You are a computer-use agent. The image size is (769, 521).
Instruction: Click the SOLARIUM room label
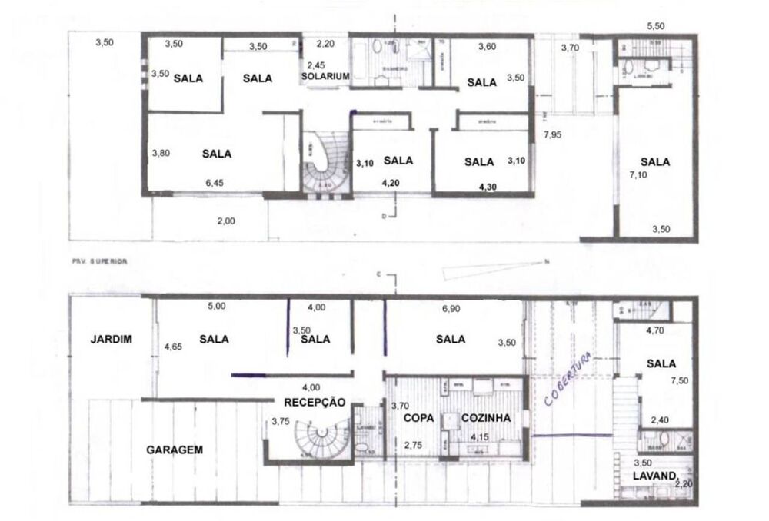pyautogui.click(x=326, y=77)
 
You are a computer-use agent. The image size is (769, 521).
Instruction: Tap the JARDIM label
pyautogui.click(x=109, y=338)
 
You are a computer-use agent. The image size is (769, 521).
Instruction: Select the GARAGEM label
pyautogui.click(x=175, y=450)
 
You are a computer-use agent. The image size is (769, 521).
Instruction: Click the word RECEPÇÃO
pyautogui.click(x=315, y=402)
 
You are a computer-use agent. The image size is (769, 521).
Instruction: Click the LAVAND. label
pyautogui.click(x=654, y=476)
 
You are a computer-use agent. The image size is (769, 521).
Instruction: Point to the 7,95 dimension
pyautogui.click(x=554, y=135)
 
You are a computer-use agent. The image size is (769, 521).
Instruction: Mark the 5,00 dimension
pyautogui.click(x=217, y=307)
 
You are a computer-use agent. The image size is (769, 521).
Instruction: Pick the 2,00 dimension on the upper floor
pyautogui.click(x=225, y=221)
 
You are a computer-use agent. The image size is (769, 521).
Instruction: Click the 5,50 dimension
pyautogui.click(x=656, y=26)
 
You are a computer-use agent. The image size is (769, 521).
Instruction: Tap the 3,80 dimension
pyautogui.click(x=161, y=153)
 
